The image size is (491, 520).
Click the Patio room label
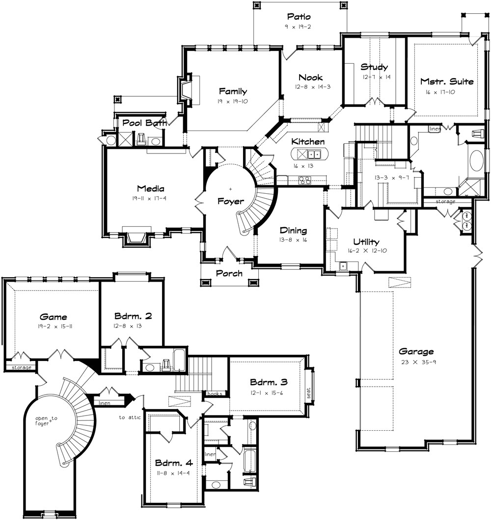[300, 18]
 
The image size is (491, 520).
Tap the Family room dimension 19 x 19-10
[233, 102]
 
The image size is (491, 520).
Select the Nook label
[310, 78]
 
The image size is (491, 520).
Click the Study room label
[374, 67]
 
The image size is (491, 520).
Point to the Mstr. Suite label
[447, 81]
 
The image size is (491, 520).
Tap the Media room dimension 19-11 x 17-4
[151, 199]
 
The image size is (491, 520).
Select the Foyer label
[231, 201]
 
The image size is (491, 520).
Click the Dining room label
[293, 231]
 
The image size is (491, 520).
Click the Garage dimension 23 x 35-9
[416, 363]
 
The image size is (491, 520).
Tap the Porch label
[229, 273]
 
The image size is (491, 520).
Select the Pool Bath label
[144, 123]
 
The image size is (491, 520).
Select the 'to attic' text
[129, 418]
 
